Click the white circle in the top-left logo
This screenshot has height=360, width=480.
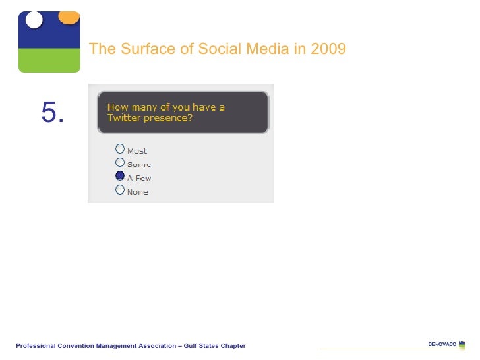[34, 20]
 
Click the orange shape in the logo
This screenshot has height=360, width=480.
[69, 17]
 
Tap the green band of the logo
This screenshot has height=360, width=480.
[49, 60]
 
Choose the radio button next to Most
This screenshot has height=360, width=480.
[119, 149]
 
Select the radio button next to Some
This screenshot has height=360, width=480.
[119, 162]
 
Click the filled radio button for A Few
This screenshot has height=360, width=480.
[119, 176]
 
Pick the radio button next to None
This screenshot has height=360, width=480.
[119, 190]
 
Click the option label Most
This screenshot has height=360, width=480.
[137, 151]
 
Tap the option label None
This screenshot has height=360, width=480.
[138, 192]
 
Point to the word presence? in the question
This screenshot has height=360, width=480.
[170, 118]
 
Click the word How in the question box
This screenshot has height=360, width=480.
[117, 107]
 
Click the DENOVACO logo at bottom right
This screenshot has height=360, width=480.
[446, 344]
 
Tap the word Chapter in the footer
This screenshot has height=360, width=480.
[232, 346]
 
